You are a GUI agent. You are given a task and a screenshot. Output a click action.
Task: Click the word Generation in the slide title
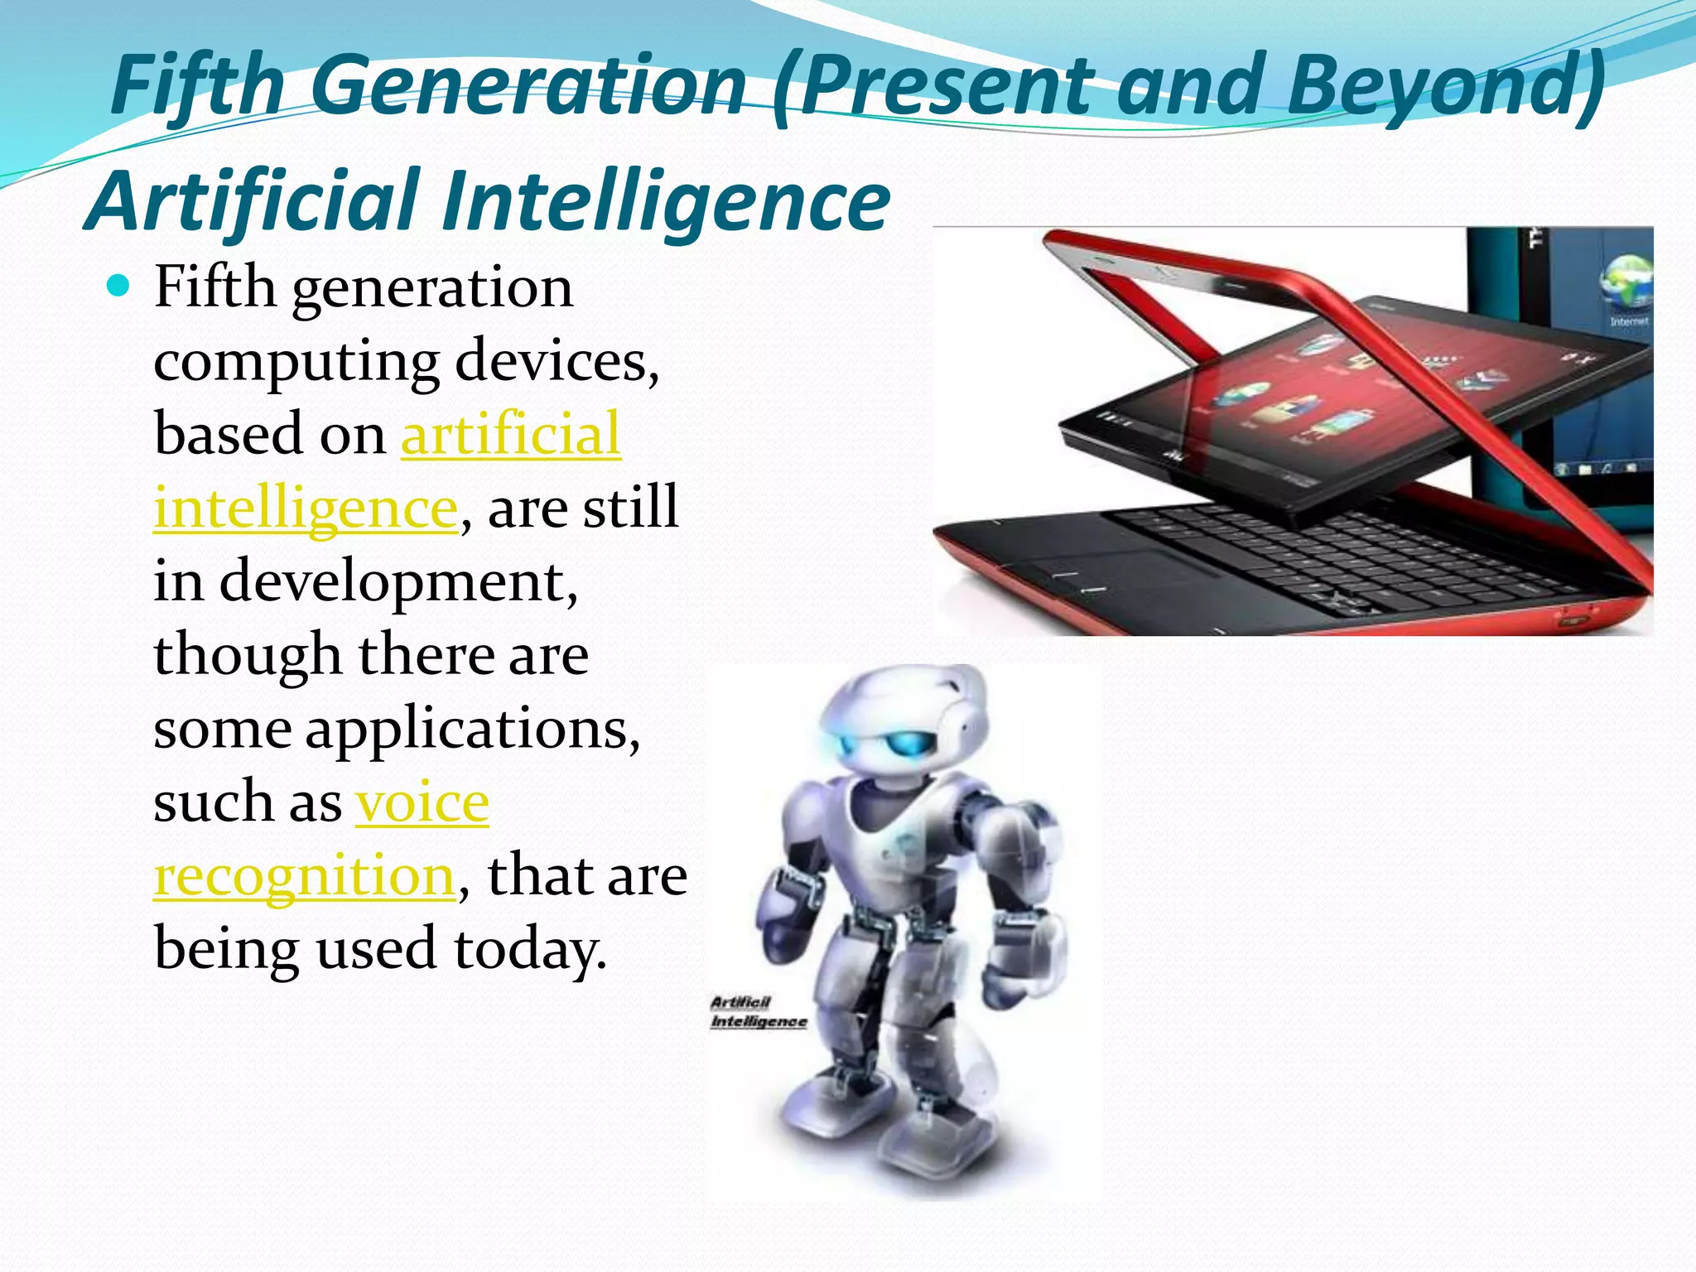pos(530,85)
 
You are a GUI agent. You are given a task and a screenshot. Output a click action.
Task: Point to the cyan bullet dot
pos(119,287)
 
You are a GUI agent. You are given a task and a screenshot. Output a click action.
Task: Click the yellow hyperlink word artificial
pos(511,434)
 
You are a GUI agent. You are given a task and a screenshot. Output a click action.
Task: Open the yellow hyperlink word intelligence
pos(306,508)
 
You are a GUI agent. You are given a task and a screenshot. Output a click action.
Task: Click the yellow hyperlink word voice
pos(422,802)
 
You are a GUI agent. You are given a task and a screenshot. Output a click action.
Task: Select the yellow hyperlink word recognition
pos(304,876)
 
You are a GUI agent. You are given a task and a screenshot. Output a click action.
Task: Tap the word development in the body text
pos(397,581)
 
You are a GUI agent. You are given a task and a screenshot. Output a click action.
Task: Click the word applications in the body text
pos(472,730)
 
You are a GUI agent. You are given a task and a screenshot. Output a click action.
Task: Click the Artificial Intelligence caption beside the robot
pos(758,1012)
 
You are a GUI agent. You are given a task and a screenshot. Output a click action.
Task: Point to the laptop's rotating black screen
pos(1325,397)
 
